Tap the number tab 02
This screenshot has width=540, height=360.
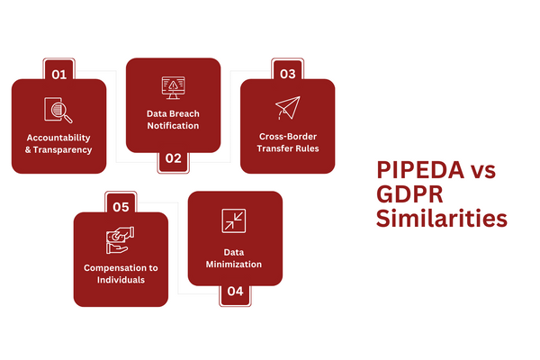[x=173, y=159]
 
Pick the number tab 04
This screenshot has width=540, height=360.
[x=235, y=292]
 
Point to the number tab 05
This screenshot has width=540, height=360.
[x=120, y=206]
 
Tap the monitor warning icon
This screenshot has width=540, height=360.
[x=173, y=87]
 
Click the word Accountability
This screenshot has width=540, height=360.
[x=58, y=138]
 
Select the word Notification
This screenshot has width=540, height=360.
[x=173, y=126]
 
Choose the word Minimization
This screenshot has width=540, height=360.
[x=235, y=265]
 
